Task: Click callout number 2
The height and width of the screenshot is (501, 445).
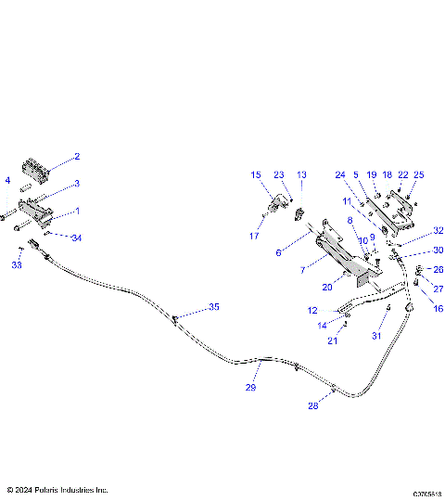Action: [x=77, y=157]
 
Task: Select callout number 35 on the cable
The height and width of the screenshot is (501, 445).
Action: [x=214, y=306]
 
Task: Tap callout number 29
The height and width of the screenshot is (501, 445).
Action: [x=250, y=388]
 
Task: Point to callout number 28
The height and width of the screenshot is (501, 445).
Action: [x=314, y=406]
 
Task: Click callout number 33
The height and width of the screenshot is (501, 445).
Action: [x=16, y=265]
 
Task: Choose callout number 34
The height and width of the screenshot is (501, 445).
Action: [x=76, y=238]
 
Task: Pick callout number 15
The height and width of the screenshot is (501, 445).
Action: [x=256, y=174]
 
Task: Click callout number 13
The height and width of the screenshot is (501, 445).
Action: [x=301, y=174]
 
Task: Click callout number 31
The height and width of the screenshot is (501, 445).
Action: [x=376, y=335]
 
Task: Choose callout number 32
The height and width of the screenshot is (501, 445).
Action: [x=439, y=231]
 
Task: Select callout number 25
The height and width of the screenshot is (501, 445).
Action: [x=419, y=174]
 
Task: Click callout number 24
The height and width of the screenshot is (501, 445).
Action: [x=340, y=174]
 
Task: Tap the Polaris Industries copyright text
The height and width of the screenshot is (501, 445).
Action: [x=57, y=489]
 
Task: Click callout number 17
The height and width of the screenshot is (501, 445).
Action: [x=254, y=236]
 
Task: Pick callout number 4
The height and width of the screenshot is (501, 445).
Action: [x=7, y=180]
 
